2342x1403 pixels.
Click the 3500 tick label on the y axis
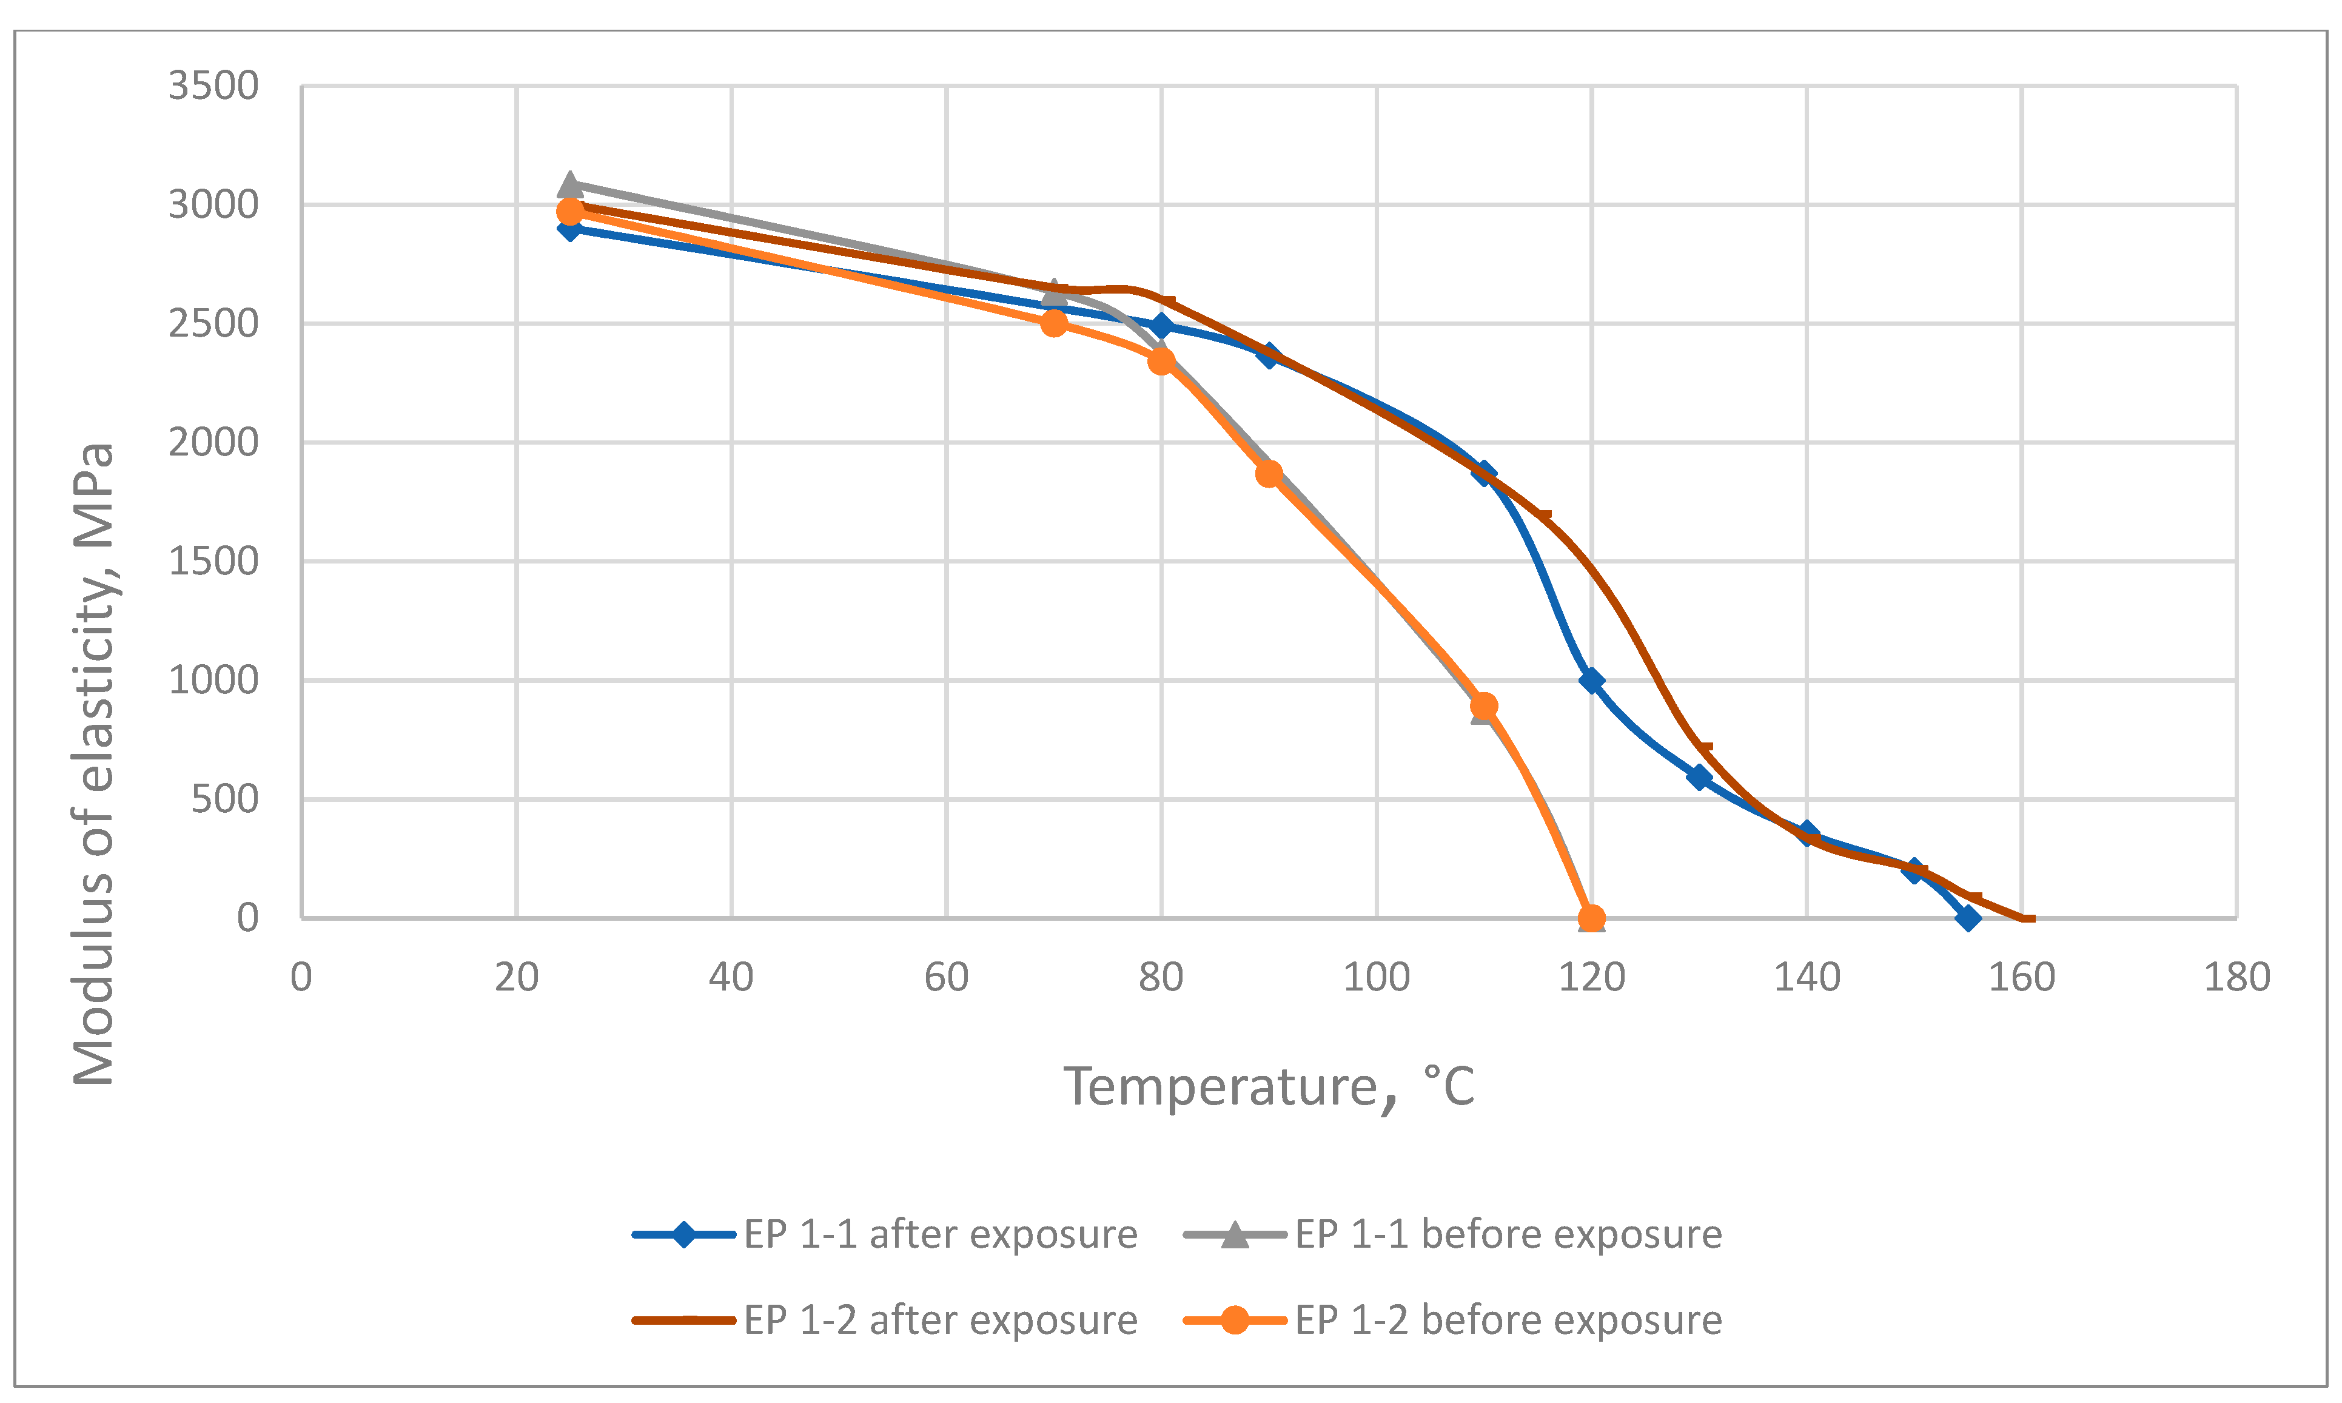[213, 86]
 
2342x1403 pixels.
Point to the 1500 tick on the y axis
[213, 562]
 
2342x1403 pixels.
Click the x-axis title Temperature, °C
[1269, 1086]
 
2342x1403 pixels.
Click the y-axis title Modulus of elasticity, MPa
[93, 764]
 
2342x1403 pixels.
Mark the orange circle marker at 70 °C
[1054, 323]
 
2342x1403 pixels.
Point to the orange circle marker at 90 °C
[1269, 474]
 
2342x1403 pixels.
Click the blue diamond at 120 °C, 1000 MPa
[1592, 680]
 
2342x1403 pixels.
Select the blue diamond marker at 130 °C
[1699, 777]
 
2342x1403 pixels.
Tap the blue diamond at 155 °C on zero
[1968, 917]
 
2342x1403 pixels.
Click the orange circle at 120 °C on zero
[1592, 917]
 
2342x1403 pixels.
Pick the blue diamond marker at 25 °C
[569, 228]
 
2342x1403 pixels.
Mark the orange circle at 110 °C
[1484, 706]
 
